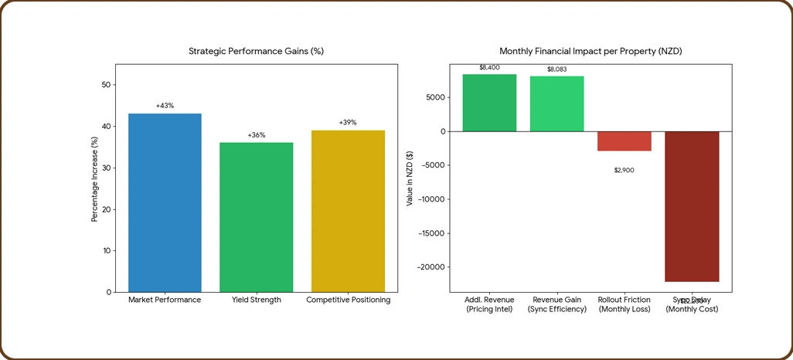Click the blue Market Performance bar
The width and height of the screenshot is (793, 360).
[x=165, y=202]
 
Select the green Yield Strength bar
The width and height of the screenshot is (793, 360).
[x=256, y=217]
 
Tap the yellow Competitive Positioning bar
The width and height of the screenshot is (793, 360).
[x=348, y=211]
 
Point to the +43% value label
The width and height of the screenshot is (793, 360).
[x=165, y=105]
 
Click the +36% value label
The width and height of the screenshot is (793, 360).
[x=256, y=135]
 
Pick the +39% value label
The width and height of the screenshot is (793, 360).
[x=348, y=122]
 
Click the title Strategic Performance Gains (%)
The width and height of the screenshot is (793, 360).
[x=256, y=51]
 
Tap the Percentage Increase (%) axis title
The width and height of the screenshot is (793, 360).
[x=95, y=179]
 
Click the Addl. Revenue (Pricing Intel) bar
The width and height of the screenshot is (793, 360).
[x=489, y=103]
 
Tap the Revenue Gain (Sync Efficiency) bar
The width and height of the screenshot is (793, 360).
[x=556, y=104]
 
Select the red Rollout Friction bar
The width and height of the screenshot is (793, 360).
[x=624, y=141]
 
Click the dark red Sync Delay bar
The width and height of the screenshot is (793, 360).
[x=692, y=206]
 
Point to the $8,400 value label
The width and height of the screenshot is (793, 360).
[x=489, y=67]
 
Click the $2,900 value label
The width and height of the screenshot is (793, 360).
[x=624, y=170]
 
